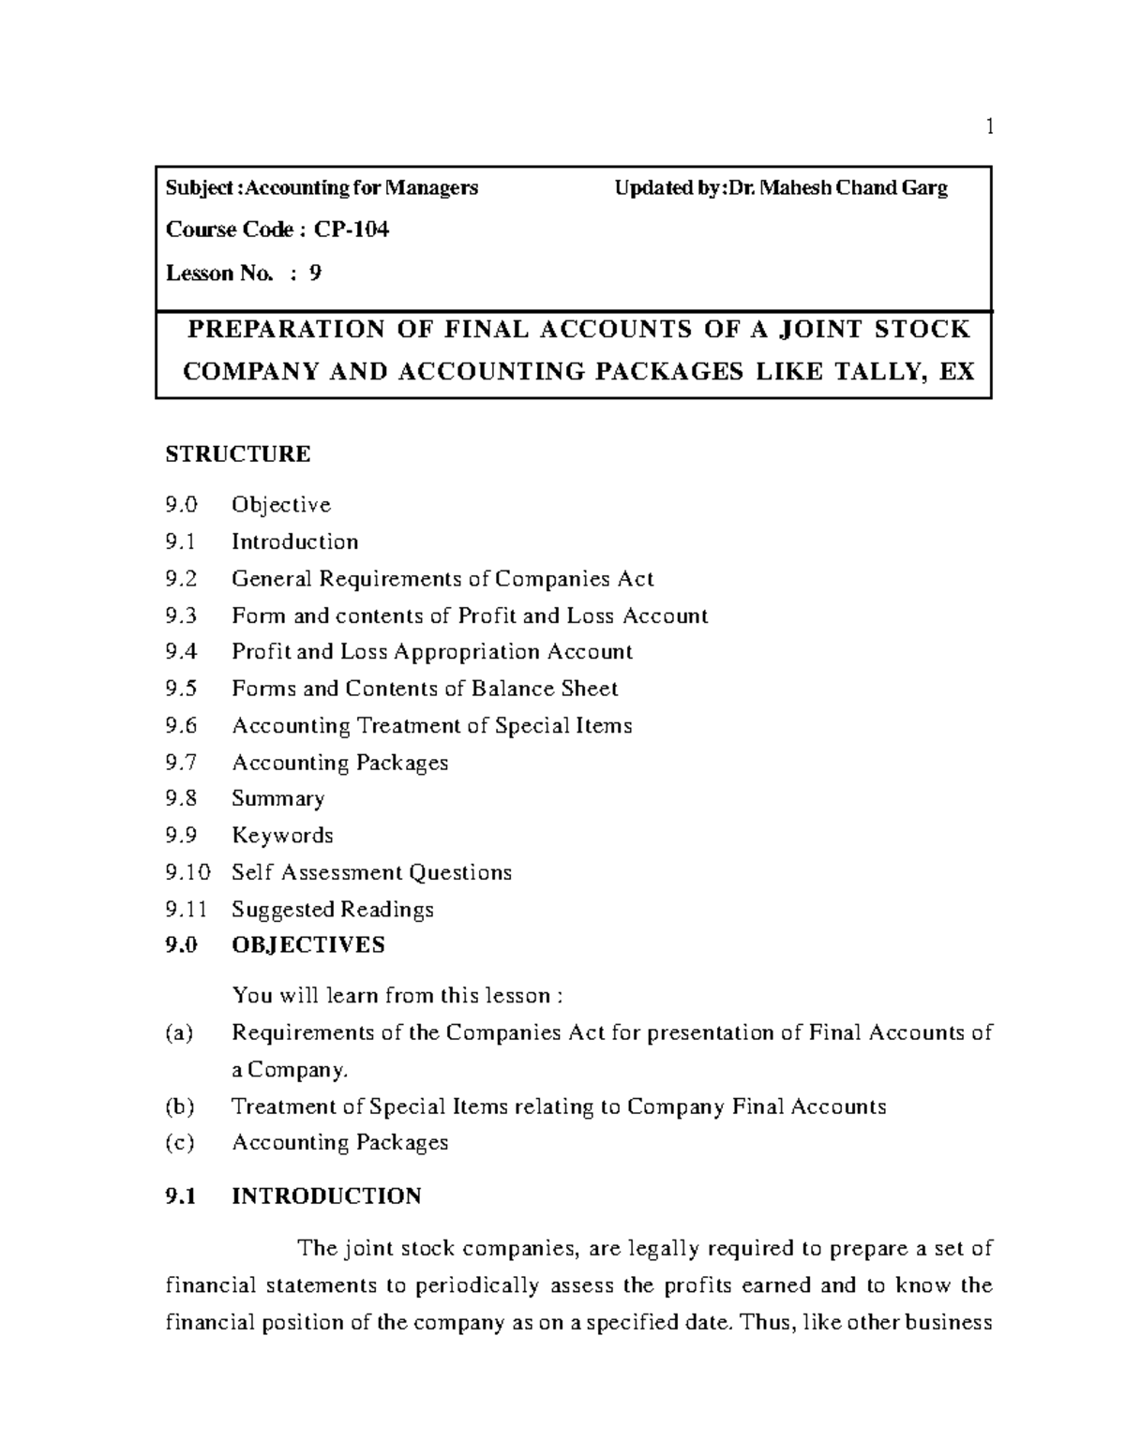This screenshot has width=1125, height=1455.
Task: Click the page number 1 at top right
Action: pos(988,126)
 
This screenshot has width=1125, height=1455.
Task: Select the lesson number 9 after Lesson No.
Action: pos(315,273)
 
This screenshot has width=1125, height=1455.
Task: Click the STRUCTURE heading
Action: pos(237,454)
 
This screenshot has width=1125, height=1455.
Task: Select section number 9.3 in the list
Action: pos(181,616)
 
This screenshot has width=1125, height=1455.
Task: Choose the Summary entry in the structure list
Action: pos(277,799)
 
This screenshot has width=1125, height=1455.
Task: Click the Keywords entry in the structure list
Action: pos(282,836)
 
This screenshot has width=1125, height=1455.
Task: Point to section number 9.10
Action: pos(187,872)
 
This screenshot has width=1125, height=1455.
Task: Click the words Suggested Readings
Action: pos(333,909)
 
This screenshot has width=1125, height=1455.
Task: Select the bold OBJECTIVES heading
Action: pos(307,944)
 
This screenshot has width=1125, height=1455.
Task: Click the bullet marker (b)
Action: pos(179,1106)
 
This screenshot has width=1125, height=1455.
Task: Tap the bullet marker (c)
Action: pos(179,1142)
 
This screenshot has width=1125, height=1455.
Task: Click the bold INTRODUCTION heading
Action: pos(326,1196)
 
